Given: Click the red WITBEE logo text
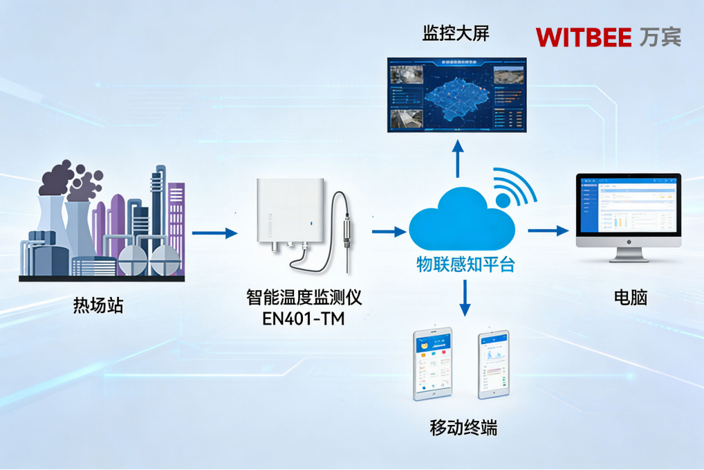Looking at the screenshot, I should pos(584,37).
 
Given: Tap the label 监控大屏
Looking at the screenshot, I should pos(456,33).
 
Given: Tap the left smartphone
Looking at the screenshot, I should pos(432,363).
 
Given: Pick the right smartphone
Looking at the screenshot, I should pos(494,363).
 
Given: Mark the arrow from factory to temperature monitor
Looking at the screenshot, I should pos(214,233).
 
